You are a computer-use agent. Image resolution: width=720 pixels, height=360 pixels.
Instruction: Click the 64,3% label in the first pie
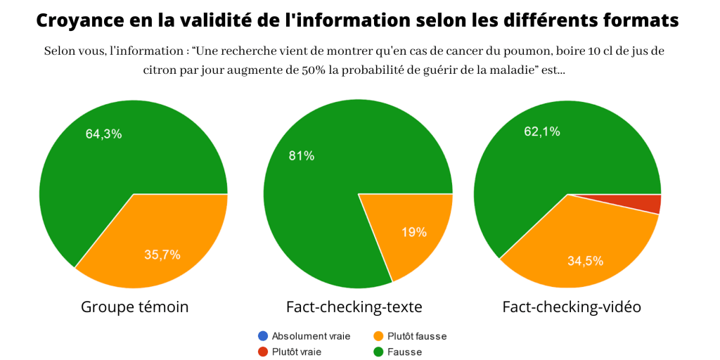[103, 134]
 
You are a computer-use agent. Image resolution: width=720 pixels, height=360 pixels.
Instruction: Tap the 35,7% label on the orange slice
[162, 255]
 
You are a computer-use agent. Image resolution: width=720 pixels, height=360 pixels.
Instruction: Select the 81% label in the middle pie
[302, 156]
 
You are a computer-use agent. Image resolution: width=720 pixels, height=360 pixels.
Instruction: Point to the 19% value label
[413, 233]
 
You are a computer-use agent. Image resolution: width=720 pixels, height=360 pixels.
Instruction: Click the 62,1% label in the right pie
[542, 131]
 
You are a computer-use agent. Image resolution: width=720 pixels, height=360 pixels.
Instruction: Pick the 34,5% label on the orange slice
[586, 261]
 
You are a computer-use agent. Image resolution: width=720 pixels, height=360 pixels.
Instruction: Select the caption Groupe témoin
[135, 307]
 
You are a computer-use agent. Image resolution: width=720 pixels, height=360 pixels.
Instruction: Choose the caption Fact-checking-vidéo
[572, 307]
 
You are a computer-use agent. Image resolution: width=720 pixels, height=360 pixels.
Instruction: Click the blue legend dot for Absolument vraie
[262, 336]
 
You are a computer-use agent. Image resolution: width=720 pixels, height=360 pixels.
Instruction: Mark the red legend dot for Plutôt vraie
[262, 352]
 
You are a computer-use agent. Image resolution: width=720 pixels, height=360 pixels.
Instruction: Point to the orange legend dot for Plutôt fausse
[378, 336]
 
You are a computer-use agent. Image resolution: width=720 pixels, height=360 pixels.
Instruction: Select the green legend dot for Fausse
[378, 352]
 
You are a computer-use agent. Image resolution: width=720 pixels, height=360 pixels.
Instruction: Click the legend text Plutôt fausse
[417, 336]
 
